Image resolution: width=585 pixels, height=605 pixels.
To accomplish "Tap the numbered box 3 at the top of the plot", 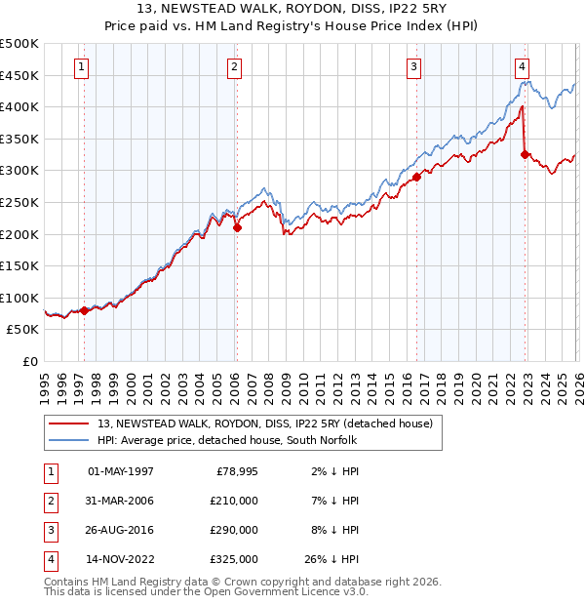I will tap(414, 66).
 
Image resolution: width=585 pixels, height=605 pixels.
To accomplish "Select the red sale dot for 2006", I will tap(237, 227).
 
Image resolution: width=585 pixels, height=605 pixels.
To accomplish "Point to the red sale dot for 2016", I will tap(416, 177).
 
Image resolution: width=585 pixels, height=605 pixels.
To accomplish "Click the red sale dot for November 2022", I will tap(525, 154).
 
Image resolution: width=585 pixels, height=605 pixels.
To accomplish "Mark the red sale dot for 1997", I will tap(84, 310).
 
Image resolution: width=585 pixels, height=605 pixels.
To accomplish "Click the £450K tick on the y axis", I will tap(19, 75).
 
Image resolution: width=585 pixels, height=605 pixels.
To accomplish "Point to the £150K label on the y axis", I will tap(19, 265).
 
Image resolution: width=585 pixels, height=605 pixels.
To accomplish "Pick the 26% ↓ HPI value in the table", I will tap(331, 559).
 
